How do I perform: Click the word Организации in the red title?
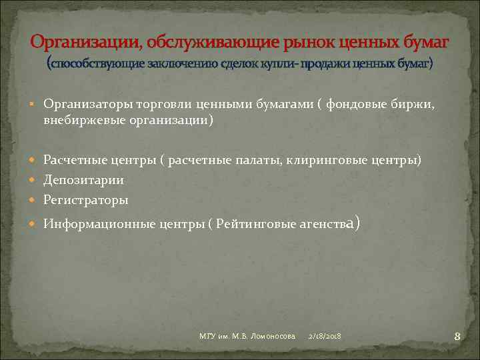pos(85,43)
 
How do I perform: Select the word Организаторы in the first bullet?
pos(87,104)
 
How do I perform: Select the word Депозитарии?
pos(83,180)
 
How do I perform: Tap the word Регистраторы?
pos(85,199)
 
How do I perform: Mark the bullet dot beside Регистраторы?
pos(35,199)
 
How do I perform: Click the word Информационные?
pos(99,224)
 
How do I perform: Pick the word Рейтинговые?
pos(256,224)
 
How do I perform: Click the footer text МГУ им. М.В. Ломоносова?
pos(247,335)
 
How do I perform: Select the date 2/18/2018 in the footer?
pos(325,335)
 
